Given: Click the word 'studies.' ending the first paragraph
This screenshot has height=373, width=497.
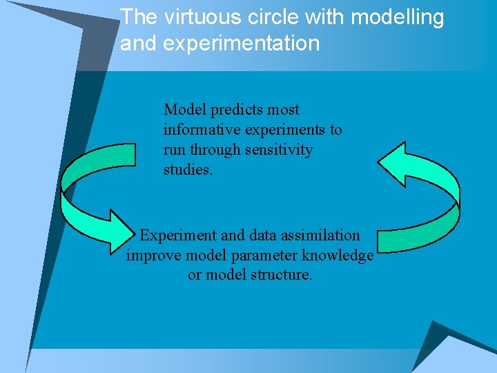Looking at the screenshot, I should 188,169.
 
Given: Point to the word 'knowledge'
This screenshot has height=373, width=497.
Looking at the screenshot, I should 341,256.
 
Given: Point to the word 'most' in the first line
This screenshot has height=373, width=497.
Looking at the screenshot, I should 284,110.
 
